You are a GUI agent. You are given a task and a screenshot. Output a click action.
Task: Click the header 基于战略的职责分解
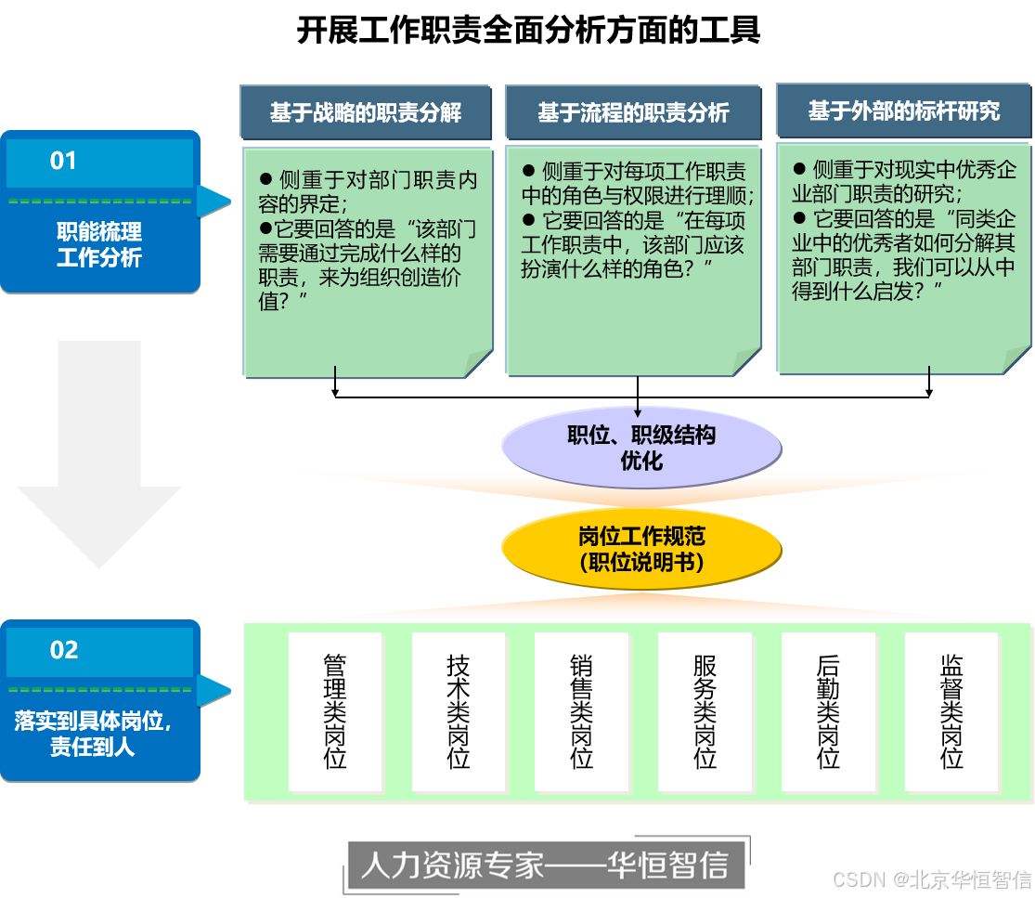coord(366,112)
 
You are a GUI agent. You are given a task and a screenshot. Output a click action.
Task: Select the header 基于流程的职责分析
coord(633,112)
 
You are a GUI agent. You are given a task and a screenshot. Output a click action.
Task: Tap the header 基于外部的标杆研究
coord(903,111)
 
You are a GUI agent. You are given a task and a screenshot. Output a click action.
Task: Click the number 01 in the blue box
coord(63,162)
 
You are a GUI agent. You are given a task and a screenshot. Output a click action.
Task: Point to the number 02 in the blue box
coord(64,650)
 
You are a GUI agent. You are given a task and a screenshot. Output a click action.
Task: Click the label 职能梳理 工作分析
coord(99,245)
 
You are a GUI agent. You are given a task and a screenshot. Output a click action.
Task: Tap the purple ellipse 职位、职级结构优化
coord(641,448)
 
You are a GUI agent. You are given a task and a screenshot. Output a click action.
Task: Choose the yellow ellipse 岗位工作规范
coord(641,549)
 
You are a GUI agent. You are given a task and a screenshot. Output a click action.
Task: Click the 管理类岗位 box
coord(335,711)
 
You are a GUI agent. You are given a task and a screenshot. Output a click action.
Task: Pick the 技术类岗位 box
coord(459,711)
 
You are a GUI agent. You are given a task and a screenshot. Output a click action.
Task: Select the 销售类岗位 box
coord(582,711)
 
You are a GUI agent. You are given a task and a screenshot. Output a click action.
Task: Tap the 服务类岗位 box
coord(705,711)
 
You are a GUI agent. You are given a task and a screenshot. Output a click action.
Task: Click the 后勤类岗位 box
coord(828,711)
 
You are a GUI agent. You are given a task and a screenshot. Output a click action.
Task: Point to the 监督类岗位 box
coord(951,711)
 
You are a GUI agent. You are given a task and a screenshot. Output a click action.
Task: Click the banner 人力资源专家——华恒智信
coord(544,865)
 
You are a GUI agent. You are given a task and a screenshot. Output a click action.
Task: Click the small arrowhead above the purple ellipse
coord(639,412)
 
